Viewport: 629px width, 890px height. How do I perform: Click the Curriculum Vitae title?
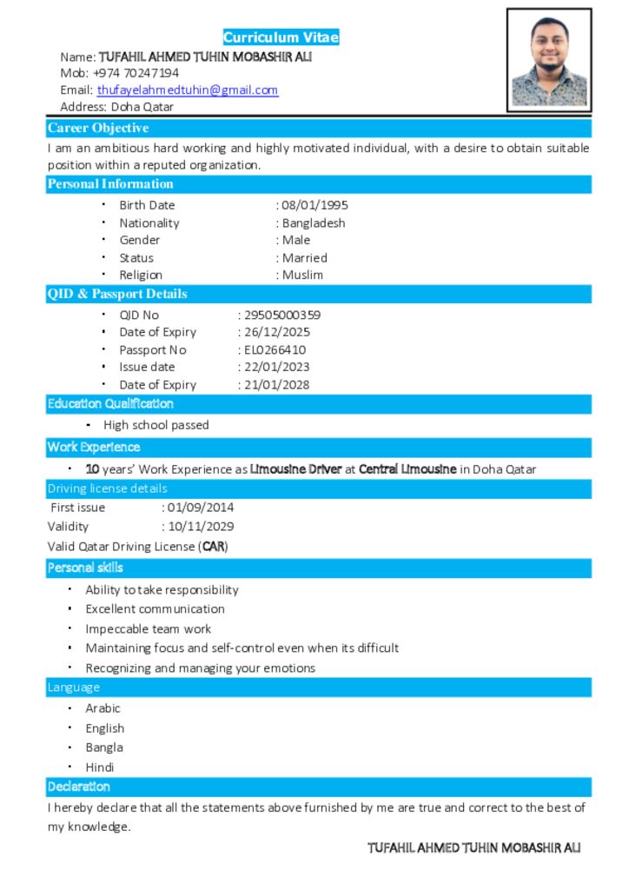coord(281,37)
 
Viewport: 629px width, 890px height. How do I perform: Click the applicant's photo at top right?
coord(549,60)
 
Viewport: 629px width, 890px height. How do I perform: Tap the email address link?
coord(188,90)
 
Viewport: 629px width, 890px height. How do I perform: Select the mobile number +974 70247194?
coord(136,73)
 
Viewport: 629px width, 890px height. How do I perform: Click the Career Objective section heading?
coord(98,129)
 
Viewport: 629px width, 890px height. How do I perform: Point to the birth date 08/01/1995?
coord(314,205)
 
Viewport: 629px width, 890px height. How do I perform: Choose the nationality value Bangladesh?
coord(314,222)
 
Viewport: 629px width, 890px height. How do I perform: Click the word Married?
coord(305,258)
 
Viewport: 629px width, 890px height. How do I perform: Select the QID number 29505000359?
coord(282,315)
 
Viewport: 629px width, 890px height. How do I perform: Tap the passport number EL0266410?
coord(275,350)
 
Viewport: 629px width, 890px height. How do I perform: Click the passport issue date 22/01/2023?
coord(276,367)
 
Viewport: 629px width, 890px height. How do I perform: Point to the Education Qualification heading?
coord(110,404)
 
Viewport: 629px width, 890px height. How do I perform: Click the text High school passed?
coord(156,425)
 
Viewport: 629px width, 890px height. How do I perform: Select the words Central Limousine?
coord(407,469)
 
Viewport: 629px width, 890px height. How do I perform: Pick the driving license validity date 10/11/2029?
coord(201,526)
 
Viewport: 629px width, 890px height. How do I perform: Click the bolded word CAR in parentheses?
coord(214,547)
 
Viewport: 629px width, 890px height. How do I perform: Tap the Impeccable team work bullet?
coord(148,628)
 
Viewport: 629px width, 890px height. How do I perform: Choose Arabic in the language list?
coord(103,708)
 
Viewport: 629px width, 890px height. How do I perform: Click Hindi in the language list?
coord(100,767)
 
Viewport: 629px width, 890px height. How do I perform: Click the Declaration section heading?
coord(79,787)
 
